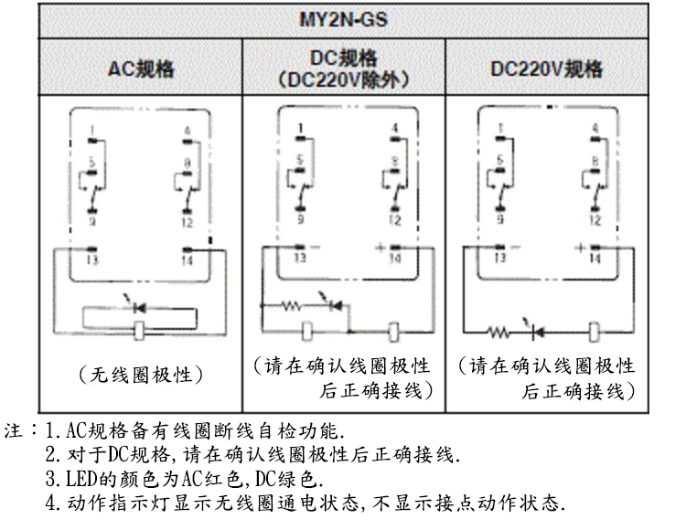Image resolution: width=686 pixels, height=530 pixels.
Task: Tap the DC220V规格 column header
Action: (x=545, y=69)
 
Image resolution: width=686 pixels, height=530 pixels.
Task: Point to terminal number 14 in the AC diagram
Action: (x=188, y=260)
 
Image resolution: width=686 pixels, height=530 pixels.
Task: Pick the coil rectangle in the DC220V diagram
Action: (x=595, y=327)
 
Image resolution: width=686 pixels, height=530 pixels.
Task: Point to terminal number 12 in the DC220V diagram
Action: (x=597, y=220)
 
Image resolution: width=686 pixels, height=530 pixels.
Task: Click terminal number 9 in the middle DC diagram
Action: (x=299, y=220)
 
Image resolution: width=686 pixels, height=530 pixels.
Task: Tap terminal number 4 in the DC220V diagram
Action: (x=596, y=129)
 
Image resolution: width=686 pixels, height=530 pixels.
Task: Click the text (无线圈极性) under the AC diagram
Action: (x=140, y=373)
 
